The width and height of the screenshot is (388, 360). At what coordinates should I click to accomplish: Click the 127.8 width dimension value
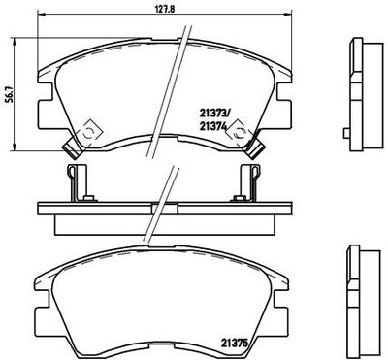click(x=165, y=9)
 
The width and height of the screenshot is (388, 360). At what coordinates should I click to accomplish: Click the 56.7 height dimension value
click(x=10, y=94)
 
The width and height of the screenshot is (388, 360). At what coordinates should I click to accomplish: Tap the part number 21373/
click(x=214, y=114)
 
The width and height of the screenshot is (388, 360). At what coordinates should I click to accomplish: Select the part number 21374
click(x=212, y=127)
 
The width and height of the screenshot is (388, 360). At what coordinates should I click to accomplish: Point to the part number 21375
click(x=235, y=343)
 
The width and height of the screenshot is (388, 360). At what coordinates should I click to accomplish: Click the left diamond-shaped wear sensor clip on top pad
click(x=89, y=132)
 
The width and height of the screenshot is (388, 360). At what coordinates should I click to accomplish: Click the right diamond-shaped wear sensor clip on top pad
click(x=239, y=132)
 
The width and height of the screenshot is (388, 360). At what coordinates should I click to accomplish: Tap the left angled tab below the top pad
click(x=73, y=149)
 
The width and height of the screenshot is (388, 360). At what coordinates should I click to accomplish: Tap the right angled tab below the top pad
click(x=255, y=149)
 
